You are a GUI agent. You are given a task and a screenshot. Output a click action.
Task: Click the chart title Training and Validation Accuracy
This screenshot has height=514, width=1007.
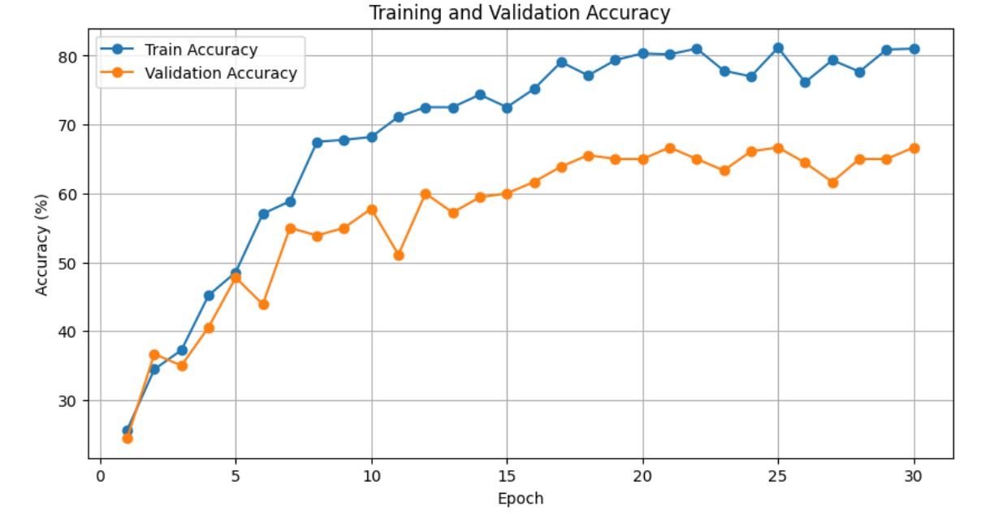pos(520,13)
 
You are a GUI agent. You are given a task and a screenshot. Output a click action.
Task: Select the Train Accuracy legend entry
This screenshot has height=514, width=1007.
pos(201,50)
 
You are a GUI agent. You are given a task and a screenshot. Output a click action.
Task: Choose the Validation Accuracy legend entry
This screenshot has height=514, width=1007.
pos(220,73)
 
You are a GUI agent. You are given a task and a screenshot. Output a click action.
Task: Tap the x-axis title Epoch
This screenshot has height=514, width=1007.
pos(520,499)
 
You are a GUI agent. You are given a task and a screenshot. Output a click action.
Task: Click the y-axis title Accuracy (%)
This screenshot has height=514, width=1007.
pos(41,244)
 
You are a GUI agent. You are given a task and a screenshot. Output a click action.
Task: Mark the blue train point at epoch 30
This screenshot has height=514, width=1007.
pos(914,49)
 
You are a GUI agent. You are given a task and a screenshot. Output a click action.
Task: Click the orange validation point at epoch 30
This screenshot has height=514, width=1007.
pos(914,148)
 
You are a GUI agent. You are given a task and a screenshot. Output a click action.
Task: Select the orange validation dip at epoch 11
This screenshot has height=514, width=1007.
pos(398,255)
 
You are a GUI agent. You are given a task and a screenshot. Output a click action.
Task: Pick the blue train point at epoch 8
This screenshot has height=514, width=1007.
pos(317,142)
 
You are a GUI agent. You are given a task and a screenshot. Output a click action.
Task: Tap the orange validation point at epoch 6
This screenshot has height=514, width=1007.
pos(263,305)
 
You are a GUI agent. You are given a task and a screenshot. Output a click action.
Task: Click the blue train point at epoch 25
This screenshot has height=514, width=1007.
pos(778,48)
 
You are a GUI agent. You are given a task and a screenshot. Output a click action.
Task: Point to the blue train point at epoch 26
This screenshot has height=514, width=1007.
pos(805,82)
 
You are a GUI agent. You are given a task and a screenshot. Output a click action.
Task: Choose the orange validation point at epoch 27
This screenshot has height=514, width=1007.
pos(832,183)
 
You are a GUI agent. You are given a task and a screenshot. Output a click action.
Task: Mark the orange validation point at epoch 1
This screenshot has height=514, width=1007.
pos(127,438)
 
